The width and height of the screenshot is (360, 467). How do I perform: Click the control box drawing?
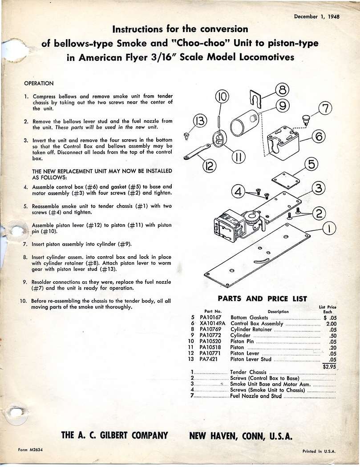(283, 142)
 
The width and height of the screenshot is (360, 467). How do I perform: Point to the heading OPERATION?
(39, 83)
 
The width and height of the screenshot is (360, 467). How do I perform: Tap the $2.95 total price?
(329, 367)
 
